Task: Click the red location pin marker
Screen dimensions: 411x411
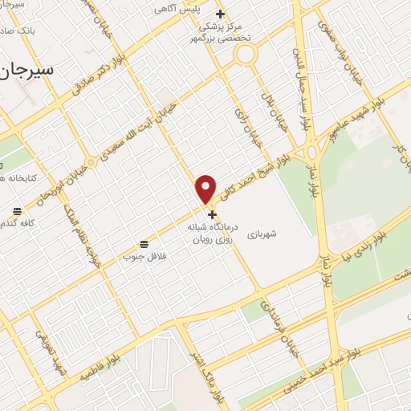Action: tap(206, 189)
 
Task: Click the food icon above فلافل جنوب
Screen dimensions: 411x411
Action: tap(144, 243)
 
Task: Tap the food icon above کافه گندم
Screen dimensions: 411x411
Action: tap(16, 211)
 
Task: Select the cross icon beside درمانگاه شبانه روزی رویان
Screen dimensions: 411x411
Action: tap(212, 214)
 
